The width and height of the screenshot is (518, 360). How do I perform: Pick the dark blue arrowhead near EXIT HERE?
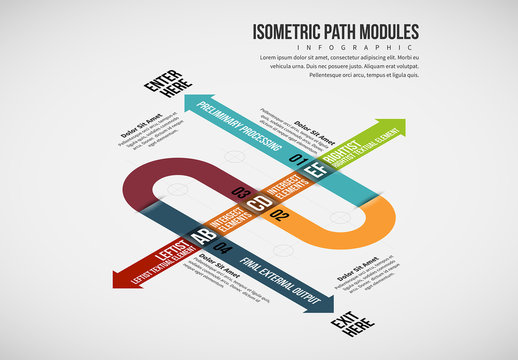point(329,299)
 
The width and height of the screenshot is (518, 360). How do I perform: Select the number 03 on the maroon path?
point(239,191)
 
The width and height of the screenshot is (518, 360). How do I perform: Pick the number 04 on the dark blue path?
point(223,246)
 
